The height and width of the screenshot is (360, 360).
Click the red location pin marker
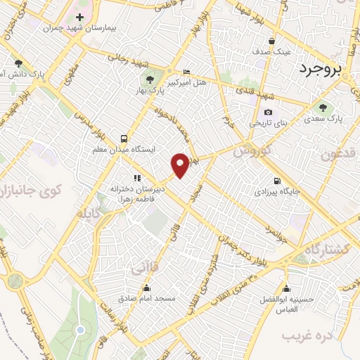pos(181,165)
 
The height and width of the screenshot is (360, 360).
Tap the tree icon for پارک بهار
pos(149,79)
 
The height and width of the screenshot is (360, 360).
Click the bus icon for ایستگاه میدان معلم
pos(124,139)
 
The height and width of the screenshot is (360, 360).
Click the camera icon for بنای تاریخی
pos(268,112)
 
